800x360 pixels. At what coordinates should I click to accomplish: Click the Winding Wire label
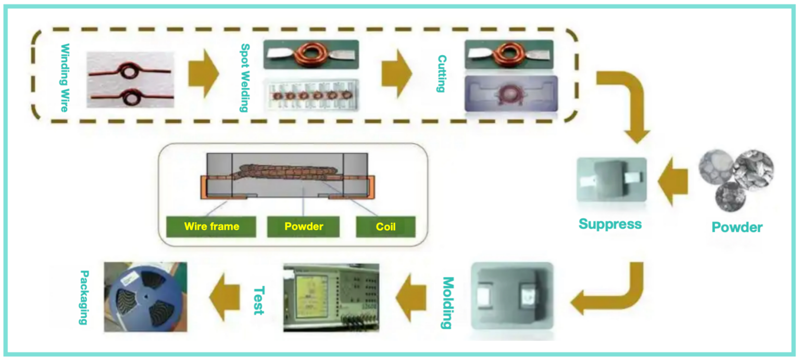pyautogui.click(x=65, y=77)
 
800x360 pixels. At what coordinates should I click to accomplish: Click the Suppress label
pyautogui.click(x=610, y=224)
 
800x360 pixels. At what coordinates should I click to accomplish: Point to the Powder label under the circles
pyautogui.click(x=736, y=227)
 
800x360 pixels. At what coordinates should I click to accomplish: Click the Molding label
pyautogui.click(x=446, y=303)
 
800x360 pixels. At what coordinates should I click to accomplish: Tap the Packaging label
pyautogui.click(x=83, y=297)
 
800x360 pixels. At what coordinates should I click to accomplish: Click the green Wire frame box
pyautogui.click(x=211, y=227)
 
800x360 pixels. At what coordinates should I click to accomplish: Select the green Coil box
pyautogui.click(x=385, y=227)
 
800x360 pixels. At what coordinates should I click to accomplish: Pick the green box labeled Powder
pyautogui.click(x=304, y=227)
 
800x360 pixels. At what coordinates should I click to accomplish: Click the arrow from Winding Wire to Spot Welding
pyautogui.click(x=204, y=73)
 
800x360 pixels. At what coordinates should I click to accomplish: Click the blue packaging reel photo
pyautogui.click(x=146, y=297)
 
